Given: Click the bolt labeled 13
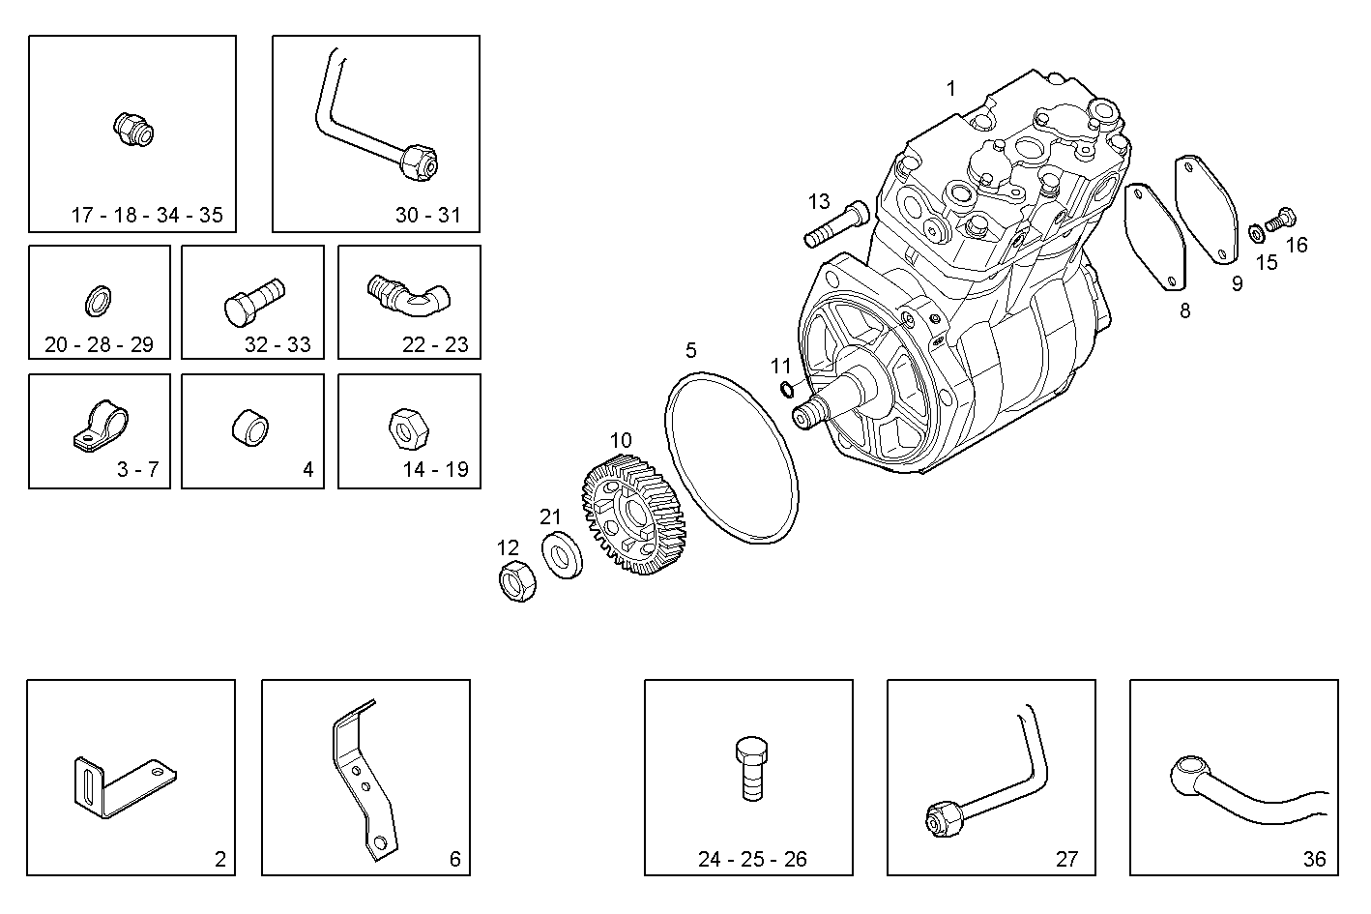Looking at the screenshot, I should coord(831,225).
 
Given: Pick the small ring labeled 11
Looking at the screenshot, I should coord(786,389).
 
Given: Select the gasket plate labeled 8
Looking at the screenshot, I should coord(1156,237).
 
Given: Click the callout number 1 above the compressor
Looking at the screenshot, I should coord(950,89).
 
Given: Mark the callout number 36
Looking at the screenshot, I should coord(1314,859).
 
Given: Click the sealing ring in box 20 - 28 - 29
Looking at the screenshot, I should coord(99,301).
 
